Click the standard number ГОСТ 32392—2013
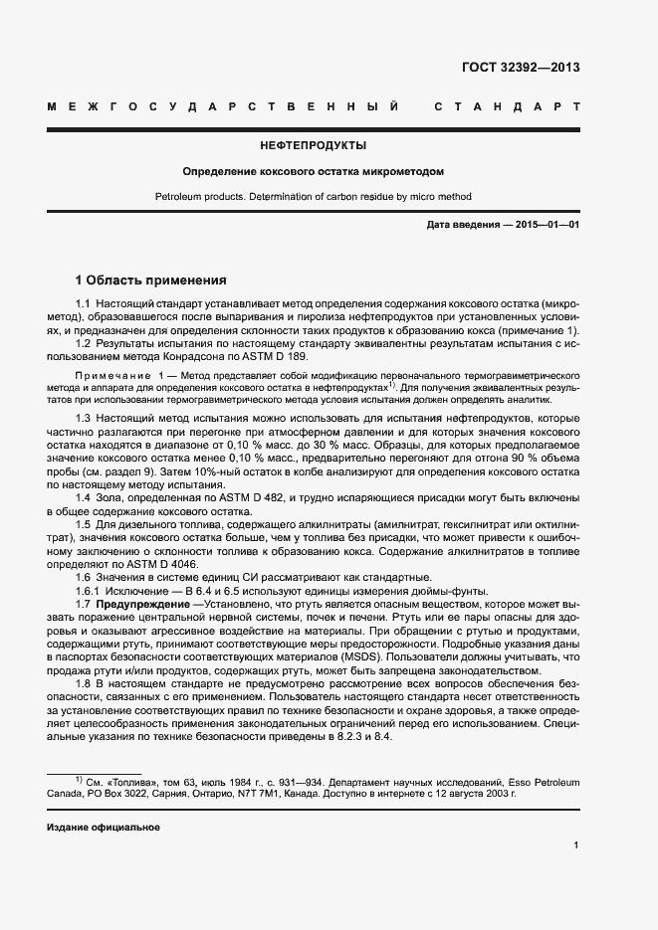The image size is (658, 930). (x=521, y=68)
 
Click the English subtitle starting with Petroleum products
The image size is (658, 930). (x=314, y=197)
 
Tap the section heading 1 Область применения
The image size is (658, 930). (x=151, y=279)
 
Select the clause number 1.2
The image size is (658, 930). (x=84, y=343)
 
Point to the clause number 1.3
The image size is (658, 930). (x=84, y=418)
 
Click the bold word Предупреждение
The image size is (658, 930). (x=142, y=604)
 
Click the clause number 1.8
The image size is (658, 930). (x=84, y=684)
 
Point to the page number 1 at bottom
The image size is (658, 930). (x=576, y=845)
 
